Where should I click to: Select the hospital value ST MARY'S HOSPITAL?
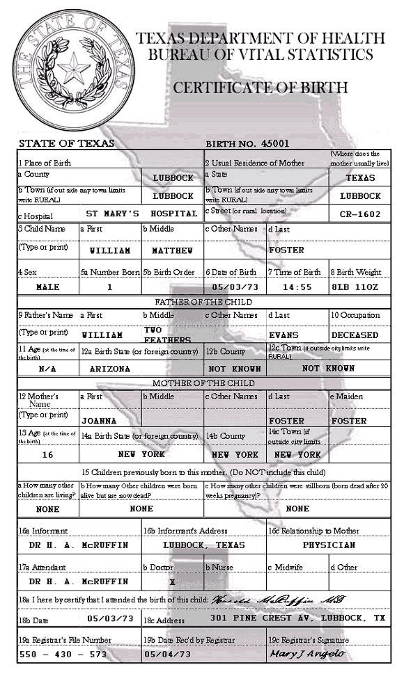[141, 214]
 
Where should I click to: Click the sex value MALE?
[47, 287]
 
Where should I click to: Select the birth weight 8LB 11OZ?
[363, 287]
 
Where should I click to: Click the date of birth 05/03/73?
[235, 287]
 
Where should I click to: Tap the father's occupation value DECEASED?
[355, 335]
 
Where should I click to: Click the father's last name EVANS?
[288, 335]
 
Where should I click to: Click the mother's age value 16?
[47, 454]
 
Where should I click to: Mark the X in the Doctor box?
[172, 581]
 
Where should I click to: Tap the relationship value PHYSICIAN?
[329, 545]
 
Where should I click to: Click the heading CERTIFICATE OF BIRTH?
[260, 88]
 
